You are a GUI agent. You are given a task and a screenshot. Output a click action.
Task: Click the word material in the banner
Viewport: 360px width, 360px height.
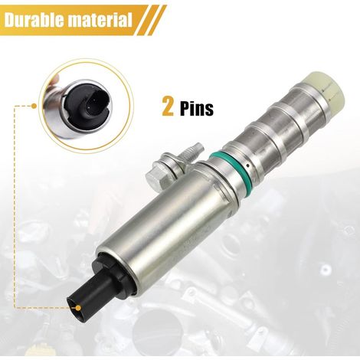[100, 20]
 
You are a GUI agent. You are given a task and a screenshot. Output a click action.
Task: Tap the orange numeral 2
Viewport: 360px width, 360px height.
[169, 107]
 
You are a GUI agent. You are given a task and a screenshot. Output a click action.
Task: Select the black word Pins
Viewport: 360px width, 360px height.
[197, 108]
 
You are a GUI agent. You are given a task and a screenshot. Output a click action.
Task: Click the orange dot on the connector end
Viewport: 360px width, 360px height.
[76, 308]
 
